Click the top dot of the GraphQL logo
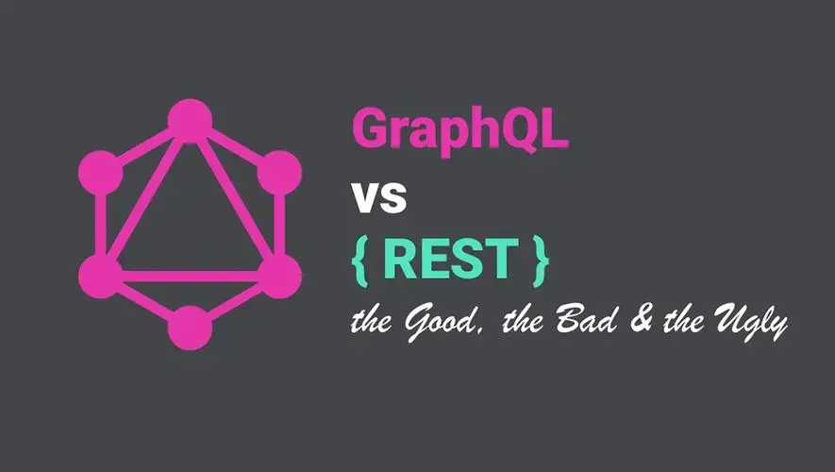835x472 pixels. pos(190,121)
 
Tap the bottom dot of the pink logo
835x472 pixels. pos(190,328)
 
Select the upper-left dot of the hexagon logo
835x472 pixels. pos(101,173)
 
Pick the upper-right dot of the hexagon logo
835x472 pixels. pos(279,173)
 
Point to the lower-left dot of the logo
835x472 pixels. pos(101,276)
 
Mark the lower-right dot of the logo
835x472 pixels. pos(279,276)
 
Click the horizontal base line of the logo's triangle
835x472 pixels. pos(190,276)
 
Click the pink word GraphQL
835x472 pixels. pos(460,129)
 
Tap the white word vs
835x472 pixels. pos(379,197)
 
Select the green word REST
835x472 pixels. pos(450,259)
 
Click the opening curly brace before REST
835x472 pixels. pos(360,261)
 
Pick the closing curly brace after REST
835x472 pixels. pos(541,261)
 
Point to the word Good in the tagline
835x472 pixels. pos(441,321)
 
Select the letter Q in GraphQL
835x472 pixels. pos(511,130)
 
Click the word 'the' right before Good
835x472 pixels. pos(373,320)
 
